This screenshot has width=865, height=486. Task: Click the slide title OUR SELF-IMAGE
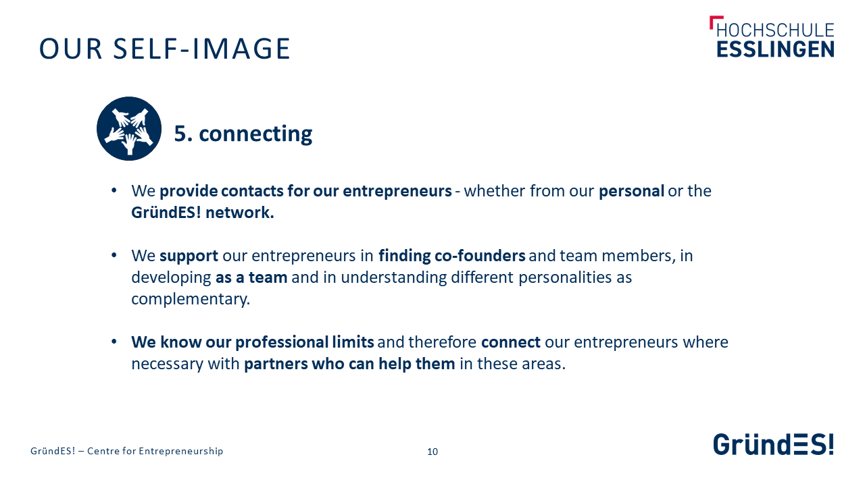click(164, 49)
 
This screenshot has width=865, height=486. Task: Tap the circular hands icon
click(129, 128)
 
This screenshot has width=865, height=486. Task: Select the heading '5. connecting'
click(243, 134)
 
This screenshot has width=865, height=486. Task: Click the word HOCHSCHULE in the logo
click(775, 30)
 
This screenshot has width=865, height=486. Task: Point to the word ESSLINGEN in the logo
click(775, 49)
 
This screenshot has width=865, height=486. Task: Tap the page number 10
click(432, 452)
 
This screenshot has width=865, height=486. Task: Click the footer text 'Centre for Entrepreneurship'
click(155, 451)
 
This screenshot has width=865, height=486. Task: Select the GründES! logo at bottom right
click(774, 444)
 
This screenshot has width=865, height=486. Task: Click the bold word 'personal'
click(631, 191)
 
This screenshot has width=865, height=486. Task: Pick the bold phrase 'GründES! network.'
click(203, 213)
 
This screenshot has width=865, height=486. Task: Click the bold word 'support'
click(189, 256)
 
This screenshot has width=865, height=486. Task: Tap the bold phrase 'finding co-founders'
click(452, 256)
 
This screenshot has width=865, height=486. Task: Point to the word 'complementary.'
click(191, 299)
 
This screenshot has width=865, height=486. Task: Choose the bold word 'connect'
click(511, 342)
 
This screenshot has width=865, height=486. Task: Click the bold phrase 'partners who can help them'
click(349, 364)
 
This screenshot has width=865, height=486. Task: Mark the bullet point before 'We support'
click(114, 255)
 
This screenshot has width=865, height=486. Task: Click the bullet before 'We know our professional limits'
click(114, 342)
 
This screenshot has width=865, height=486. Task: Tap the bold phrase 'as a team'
click(251, 277)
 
